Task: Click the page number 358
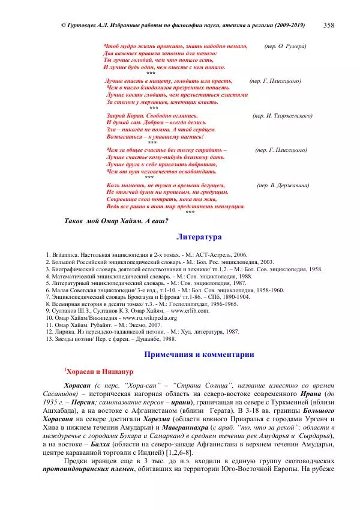[329, 25]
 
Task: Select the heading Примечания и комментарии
[199, 355]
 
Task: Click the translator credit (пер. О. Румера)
[286, 46]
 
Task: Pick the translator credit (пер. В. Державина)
[283, 185]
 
